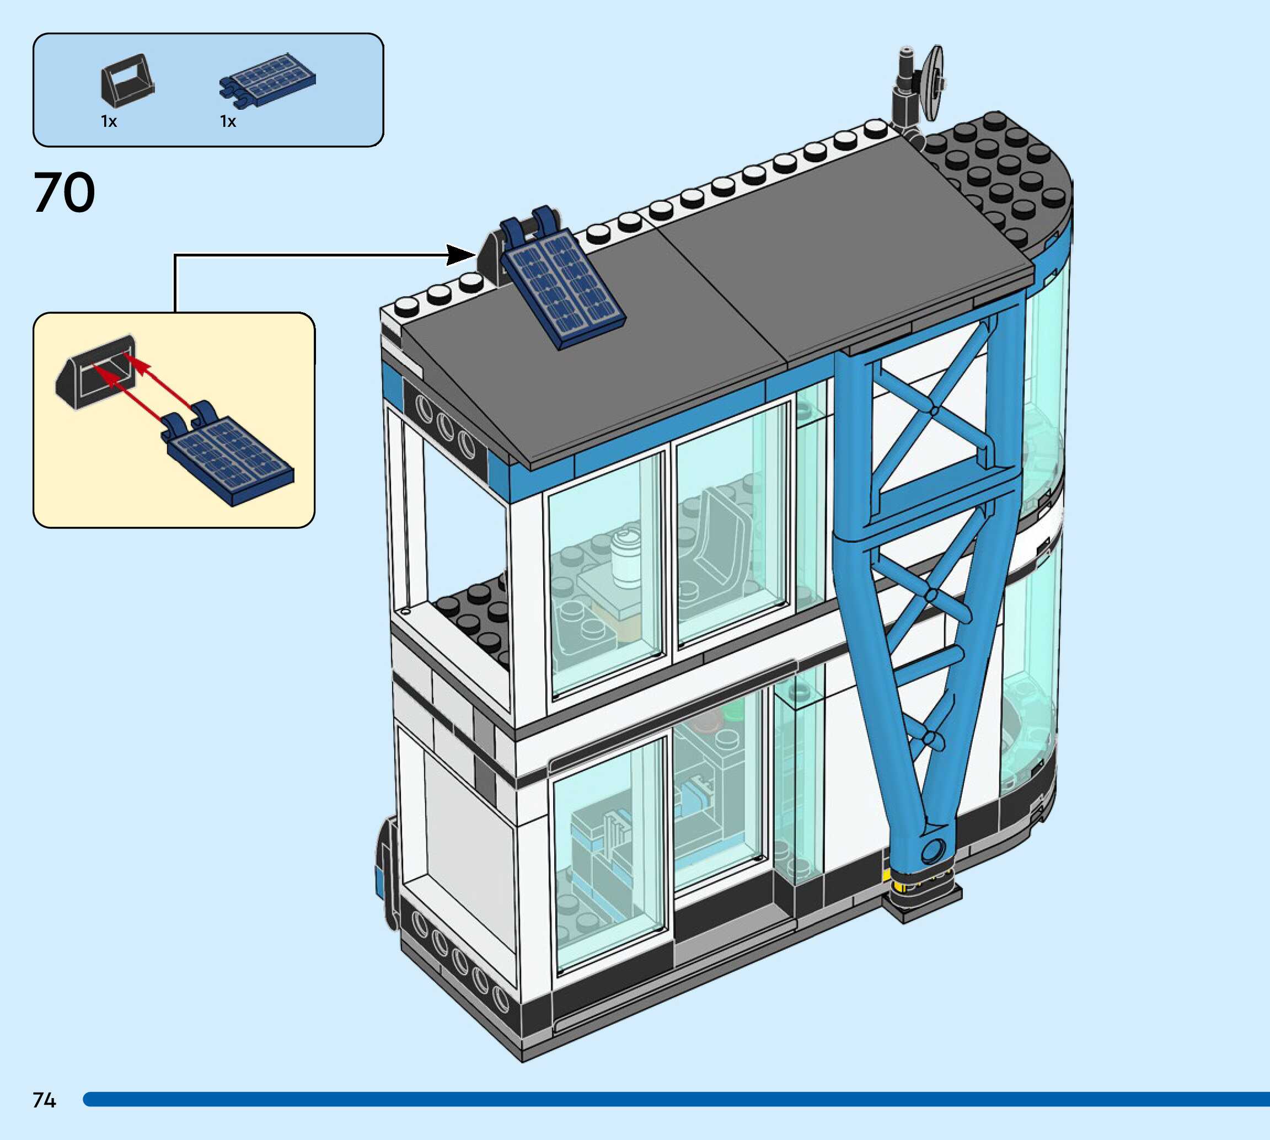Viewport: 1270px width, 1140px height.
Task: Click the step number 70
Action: tap(64, 193)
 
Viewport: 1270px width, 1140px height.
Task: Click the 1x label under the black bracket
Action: tap(109, 121)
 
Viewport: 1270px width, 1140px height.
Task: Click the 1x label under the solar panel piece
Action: tap(228, 121)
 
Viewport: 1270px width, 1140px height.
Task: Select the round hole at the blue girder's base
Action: tap(933, 850)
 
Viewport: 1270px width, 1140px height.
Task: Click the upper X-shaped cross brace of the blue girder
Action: tap(934, 410)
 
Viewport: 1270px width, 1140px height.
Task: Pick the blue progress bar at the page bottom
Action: tap(676, 1099)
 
